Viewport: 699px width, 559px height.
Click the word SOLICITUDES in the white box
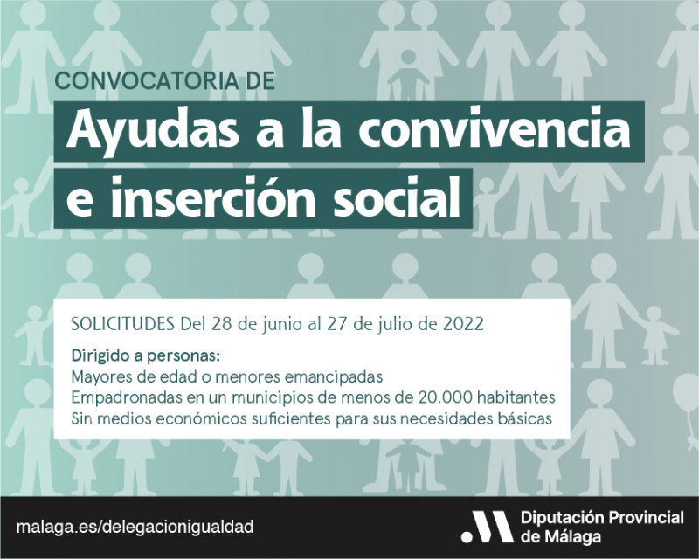point(122,324)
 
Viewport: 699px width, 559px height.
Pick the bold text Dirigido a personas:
point(146,356)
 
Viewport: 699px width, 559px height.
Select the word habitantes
point(516,397)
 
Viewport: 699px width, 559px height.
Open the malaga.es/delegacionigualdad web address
point(135,527)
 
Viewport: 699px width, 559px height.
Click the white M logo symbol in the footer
point(487,527)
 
